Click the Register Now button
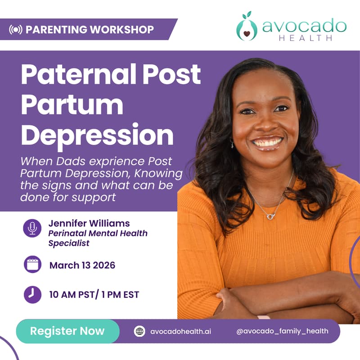click(x=67, y=332)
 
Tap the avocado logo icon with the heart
click(x=247, y=28)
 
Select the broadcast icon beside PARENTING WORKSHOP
click(x=16, y=30)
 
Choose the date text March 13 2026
click(x=82, y=265)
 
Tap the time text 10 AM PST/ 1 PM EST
click(x=94, y=295)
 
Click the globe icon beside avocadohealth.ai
click(x=139, y=332)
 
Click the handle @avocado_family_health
click(x=282, y=331)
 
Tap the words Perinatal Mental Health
click(x=98, y=234)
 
